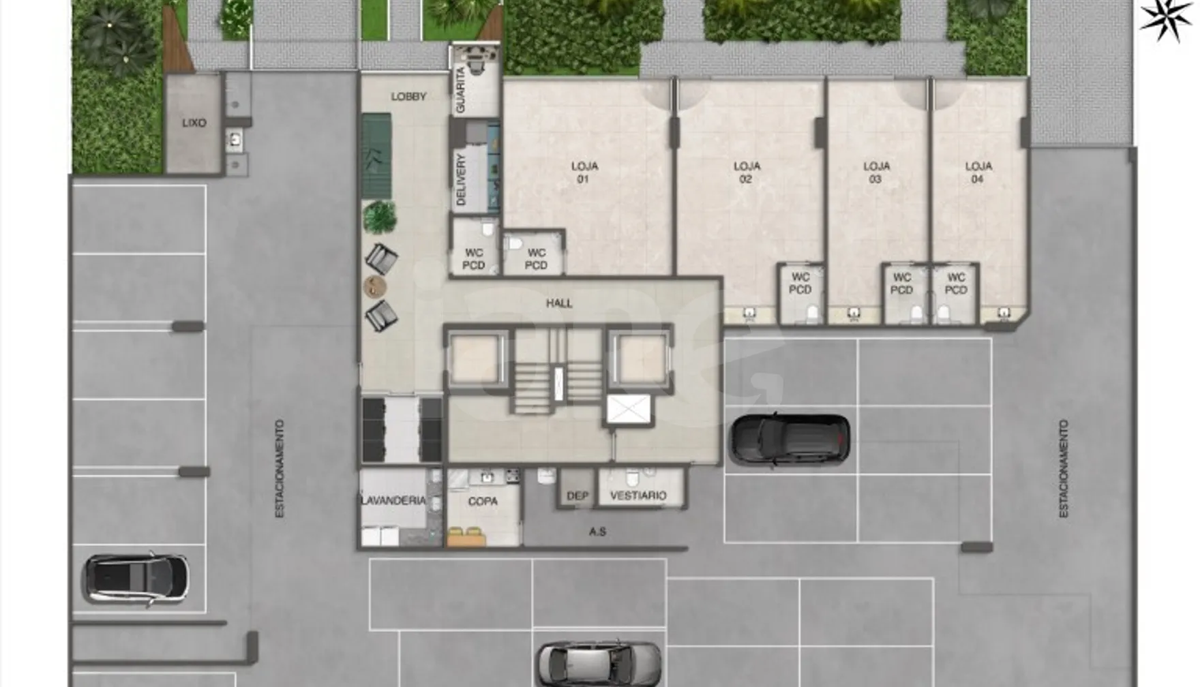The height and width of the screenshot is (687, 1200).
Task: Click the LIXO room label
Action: coord(194,123)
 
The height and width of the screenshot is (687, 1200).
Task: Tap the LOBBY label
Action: coord(408,97)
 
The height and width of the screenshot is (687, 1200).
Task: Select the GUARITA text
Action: coord(460,90)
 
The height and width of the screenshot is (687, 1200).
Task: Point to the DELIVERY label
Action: coord(460,179)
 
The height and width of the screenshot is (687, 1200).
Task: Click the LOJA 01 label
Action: coord(584,172)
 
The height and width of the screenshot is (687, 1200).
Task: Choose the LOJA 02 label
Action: coord(747,172)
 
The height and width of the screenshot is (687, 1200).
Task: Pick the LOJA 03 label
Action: coord(876,172)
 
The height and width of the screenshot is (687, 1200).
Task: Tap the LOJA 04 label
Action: coord(978,172)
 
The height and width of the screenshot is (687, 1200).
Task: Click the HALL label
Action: coord(559,303)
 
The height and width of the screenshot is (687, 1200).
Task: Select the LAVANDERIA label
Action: coord(393,500)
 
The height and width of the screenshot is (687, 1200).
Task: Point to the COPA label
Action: coord(483,501)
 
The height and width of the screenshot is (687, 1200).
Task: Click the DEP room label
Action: coord(577,495)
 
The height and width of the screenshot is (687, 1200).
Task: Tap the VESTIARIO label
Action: coord(637,495)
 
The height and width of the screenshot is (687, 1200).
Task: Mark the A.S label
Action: coord(597,532)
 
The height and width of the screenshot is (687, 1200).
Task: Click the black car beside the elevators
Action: coord(790,440)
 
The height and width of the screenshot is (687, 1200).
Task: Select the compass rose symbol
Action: coord(1166,18)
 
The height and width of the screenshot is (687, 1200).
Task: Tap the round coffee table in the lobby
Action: coord(374,287)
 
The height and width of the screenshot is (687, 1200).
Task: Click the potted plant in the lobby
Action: coord(380,217)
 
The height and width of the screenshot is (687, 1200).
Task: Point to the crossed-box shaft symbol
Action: coord(628,409)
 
